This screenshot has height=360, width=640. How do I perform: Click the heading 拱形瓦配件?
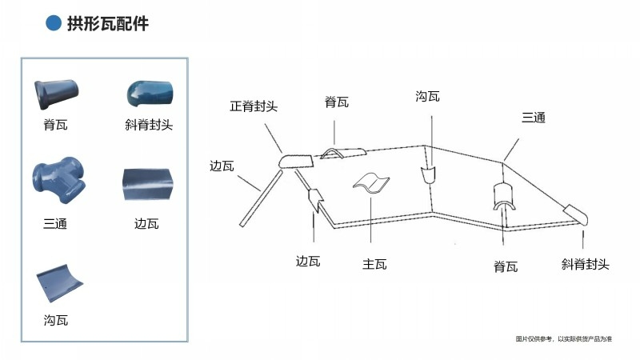click(x=108, y=24)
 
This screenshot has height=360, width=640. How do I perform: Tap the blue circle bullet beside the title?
click(x=54, y=24)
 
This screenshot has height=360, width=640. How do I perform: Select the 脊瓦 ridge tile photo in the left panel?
click(x=55, y=94)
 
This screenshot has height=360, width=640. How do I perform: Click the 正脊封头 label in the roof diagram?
click(x=254, y=106)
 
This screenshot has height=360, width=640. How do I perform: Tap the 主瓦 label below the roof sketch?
click(x=374, y=264)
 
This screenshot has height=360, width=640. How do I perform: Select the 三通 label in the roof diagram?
click(x=534, y=118)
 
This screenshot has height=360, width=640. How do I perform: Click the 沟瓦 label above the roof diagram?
click(x=427, y=97)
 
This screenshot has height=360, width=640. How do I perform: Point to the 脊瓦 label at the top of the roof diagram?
click(x=336, y=102)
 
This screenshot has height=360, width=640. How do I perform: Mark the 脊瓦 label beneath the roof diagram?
click(x=506, y=266)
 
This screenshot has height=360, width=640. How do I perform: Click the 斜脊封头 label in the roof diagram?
click(x=585, y=264)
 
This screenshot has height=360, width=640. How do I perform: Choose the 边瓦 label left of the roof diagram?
click(x=222, y=166)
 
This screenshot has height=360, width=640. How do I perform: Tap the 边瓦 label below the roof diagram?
click(x=308, y=262)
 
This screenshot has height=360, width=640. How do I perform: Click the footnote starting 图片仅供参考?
click(x=563, y=339)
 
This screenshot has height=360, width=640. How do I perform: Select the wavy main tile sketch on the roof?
click(x=371, y=183)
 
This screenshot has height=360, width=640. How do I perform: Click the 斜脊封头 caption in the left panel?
click(x=149, y=124)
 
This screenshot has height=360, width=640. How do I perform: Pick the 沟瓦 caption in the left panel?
click(x=55, y=320)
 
